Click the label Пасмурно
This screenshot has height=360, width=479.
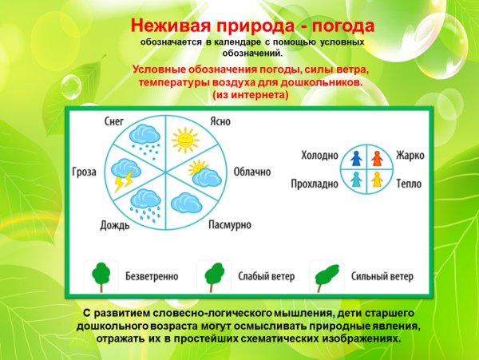[x=230, y=226]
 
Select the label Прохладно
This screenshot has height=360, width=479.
[x=315, y=183]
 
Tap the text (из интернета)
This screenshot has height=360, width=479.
[x=250, y=95]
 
